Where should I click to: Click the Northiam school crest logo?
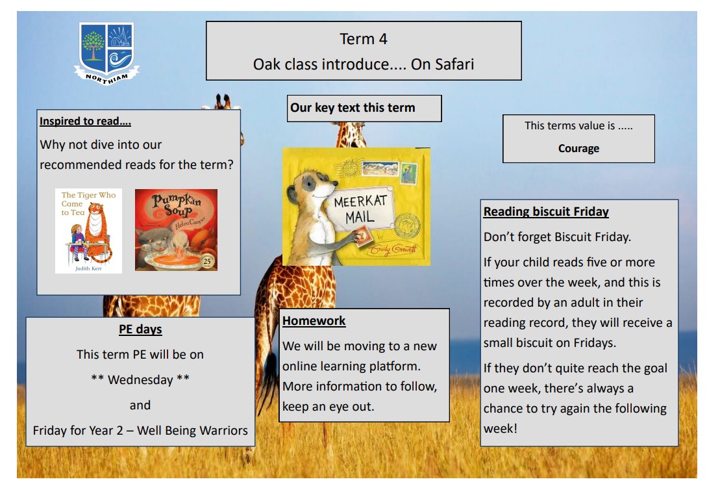106,53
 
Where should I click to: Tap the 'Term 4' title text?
364,39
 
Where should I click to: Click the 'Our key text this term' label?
353,107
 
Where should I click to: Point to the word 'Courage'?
578,149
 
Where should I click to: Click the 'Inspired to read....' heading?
85,121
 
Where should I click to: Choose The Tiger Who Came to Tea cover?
88,231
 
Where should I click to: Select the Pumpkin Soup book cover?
176,230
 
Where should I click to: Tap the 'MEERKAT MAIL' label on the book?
360,209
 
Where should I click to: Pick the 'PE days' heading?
140,329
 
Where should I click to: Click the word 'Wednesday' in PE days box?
140,379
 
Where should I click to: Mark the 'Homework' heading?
314,320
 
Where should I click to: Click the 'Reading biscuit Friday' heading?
546,211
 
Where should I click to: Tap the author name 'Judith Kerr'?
88,268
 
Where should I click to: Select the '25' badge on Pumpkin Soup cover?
207,261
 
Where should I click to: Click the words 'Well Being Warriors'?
192,430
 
